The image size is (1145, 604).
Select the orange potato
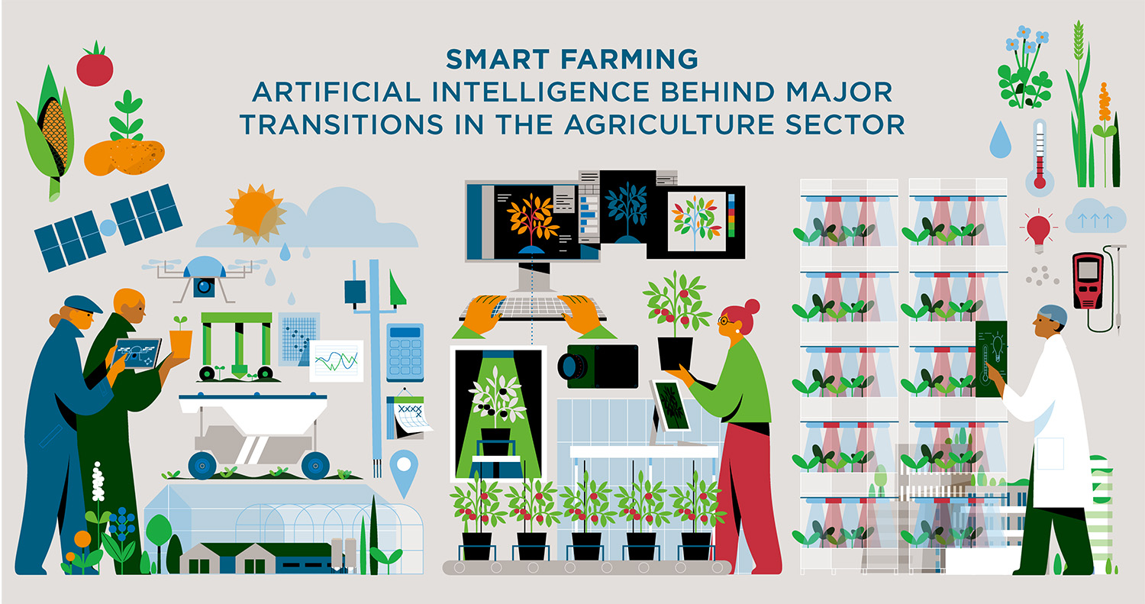click(124, 157)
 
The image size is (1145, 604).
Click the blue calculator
click(405, 352)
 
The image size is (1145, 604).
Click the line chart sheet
click(336, 361)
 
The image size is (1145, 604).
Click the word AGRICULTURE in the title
click(672, 124)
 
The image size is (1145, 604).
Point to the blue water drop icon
click(1000, 141)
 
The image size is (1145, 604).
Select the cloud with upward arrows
click(1095, 217)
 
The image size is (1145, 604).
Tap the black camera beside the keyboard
click(598, 367)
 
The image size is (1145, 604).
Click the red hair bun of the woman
click(752, 307)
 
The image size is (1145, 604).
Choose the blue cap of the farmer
click(82, 303)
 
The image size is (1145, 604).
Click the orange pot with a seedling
click(180, 344)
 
